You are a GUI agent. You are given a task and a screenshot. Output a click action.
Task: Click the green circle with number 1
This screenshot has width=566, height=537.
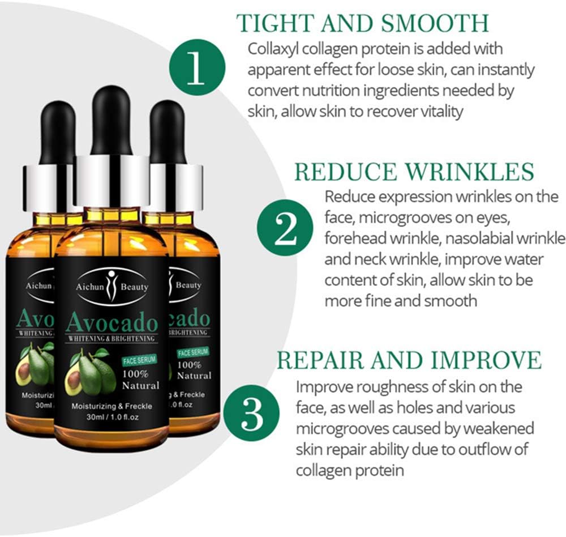[197, 67]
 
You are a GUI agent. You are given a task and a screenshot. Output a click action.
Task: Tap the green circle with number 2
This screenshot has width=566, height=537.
[285, 228]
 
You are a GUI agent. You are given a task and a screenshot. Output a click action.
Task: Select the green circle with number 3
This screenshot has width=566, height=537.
[251, 413]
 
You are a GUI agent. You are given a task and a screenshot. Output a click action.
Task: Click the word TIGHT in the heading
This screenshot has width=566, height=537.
[276, 23]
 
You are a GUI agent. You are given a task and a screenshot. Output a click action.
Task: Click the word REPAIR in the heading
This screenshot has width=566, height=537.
[320, 360]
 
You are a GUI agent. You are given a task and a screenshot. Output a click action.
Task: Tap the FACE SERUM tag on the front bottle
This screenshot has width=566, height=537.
[139, 360]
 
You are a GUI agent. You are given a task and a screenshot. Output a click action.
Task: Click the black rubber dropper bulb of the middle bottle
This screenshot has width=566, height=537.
[111, 120]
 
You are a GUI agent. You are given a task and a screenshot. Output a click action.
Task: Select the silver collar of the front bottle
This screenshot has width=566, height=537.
[111, 181]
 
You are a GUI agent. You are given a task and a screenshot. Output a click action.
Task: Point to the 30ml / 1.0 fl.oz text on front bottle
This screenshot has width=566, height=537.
[112, 417]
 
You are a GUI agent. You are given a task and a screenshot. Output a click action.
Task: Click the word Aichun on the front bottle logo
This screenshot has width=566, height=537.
[90, 287]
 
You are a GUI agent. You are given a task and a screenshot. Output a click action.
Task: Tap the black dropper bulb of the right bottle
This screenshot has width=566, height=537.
[168, 132]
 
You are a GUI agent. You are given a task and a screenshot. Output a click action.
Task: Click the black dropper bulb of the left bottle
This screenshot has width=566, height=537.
[57, 133]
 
